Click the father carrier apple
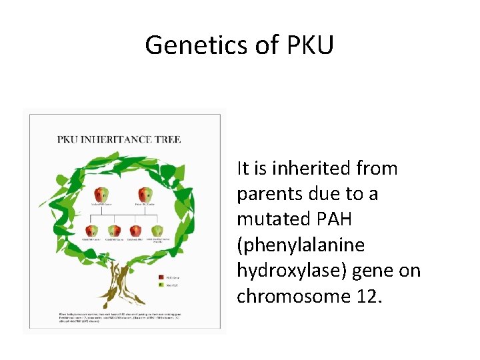pos(145,195)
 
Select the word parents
pos(267,194)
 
